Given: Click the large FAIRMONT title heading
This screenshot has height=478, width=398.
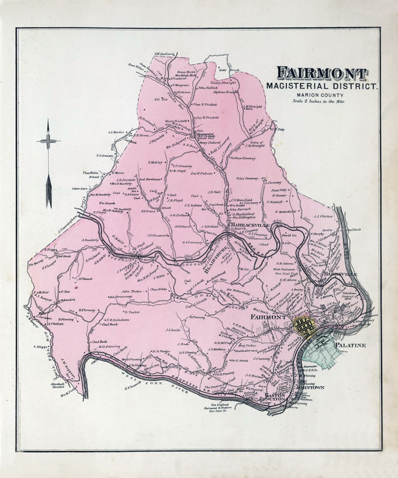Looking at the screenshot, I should pos(322,73).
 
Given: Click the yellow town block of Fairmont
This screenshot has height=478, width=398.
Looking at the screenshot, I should pos(304,326).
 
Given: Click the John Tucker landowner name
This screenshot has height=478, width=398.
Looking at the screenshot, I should pos(132,291).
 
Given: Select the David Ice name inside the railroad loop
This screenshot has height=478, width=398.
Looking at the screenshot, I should pos(289,235).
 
